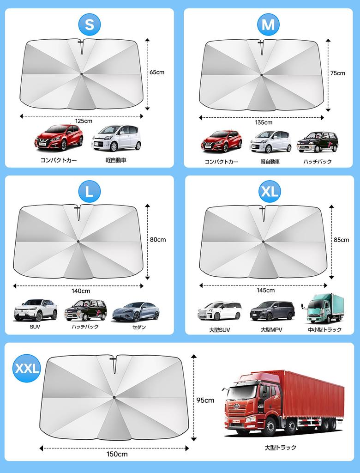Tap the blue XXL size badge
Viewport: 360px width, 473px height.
point(27,368)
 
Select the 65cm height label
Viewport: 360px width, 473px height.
point(157,72)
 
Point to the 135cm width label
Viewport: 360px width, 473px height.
point(264,122)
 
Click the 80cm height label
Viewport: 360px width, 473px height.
point(158,240)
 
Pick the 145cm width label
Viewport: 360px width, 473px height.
point(266,290)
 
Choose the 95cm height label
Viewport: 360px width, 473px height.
point(205,400)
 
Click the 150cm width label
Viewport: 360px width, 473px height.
point(117,454)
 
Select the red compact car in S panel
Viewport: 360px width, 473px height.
point(59,137)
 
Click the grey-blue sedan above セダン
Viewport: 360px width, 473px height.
point(136,311)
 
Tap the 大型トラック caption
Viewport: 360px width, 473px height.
point(281,447)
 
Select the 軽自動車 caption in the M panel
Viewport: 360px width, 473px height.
point(270,162)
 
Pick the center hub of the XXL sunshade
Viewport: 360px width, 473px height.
point(114,397)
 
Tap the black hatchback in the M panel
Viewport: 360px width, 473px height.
point(318,142)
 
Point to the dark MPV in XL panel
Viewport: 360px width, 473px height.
point(272,311)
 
